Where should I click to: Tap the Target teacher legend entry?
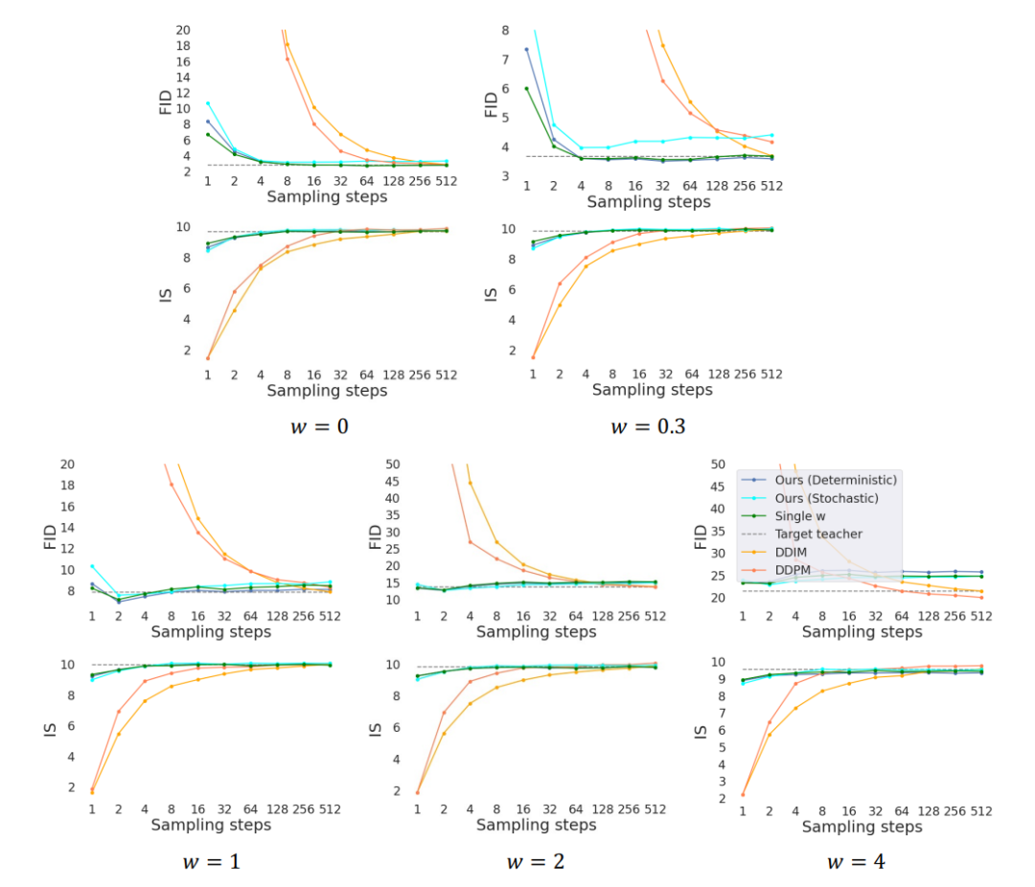(x=818, y=534)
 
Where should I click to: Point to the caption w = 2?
(x=535, y=861)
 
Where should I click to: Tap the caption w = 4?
(x=856, y=861)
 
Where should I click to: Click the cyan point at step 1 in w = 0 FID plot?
(x=208, y=103)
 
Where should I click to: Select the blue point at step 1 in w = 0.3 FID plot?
(x=526, y=49)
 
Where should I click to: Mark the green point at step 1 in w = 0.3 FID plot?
(x=526, y=89)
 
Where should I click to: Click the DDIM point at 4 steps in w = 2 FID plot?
(x=471, y=483)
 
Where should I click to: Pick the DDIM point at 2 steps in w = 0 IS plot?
(x=235, y=309)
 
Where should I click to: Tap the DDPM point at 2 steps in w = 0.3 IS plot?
(x=560, y=284)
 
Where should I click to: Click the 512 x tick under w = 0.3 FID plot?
(x=771, y=185)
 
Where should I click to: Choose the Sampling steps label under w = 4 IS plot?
(x=862, y=826)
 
